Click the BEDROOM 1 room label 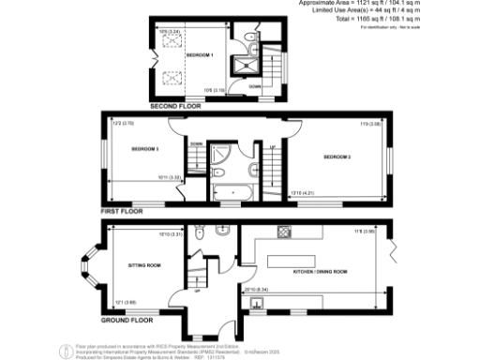200,56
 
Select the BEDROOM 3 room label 144,150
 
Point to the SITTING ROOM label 144,265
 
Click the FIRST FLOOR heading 123,213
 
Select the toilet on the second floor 247,37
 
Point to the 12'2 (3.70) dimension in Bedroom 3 123,123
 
